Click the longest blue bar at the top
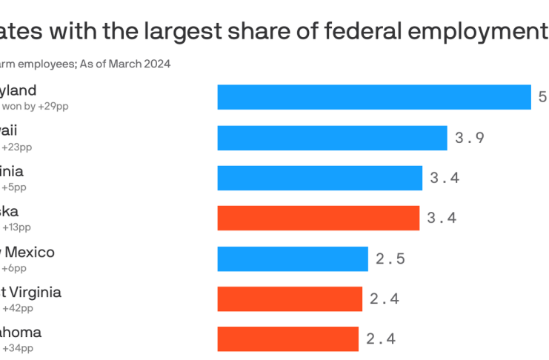pos(373,97)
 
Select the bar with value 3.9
pos(332,138)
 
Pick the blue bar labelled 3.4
pos(319,178)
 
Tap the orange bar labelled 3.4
pos(318,218)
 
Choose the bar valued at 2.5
pos(293,259)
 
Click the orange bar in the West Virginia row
pos(290,299)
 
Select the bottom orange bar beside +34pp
pos(287,339)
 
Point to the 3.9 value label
pos(470,138)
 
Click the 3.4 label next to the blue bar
pos(445,178)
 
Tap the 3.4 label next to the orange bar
pos(442,218)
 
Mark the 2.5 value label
pos(390,259)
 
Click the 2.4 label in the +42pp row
pos(384,299)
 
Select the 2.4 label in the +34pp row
pos(381,339)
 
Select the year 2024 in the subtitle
pos(157,64)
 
